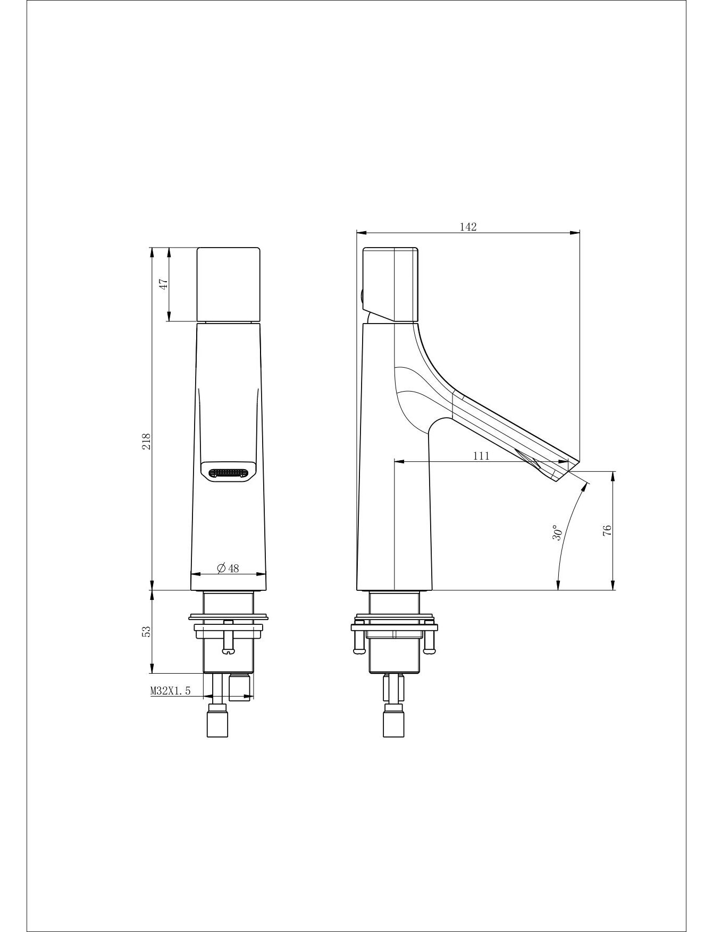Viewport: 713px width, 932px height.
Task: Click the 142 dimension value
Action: (x=468, y=227)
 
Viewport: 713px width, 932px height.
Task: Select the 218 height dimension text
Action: (x=147, y=442)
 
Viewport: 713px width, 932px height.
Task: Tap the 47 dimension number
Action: (x=164, y=284)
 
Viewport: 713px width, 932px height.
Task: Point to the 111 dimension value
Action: (x=481, y=456)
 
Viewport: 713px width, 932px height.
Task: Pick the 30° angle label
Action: (x=556, y=533)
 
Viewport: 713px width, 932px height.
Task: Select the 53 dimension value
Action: (x=147, y=631)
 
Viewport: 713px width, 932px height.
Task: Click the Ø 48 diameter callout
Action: (x=228, y=568)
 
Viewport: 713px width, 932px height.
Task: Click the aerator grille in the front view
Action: (x=228, y=472)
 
